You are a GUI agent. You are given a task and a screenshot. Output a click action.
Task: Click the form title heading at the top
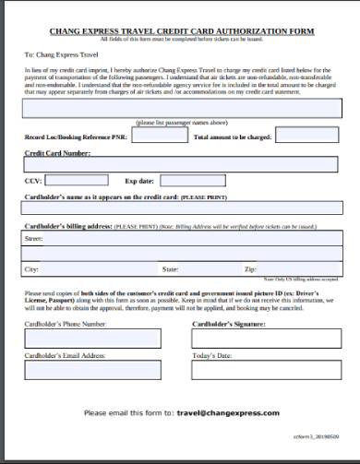[180, 30]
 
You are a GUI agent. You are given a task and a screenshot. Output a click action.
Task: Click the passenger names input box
[179, 108]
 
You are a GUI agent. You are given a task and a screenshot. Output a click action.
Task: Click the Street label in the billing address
[33, 237]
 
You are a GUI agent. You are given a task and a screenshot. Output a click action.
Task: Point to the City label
[31, 268]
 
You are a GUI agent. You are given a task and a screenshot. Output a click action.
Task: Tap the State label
[171, 268]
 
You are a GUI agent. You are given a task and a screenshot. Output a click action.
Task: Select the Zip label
[249, 268]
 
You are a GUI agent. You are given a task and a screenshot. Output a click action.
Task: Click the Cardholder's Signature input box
[264, 339]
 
